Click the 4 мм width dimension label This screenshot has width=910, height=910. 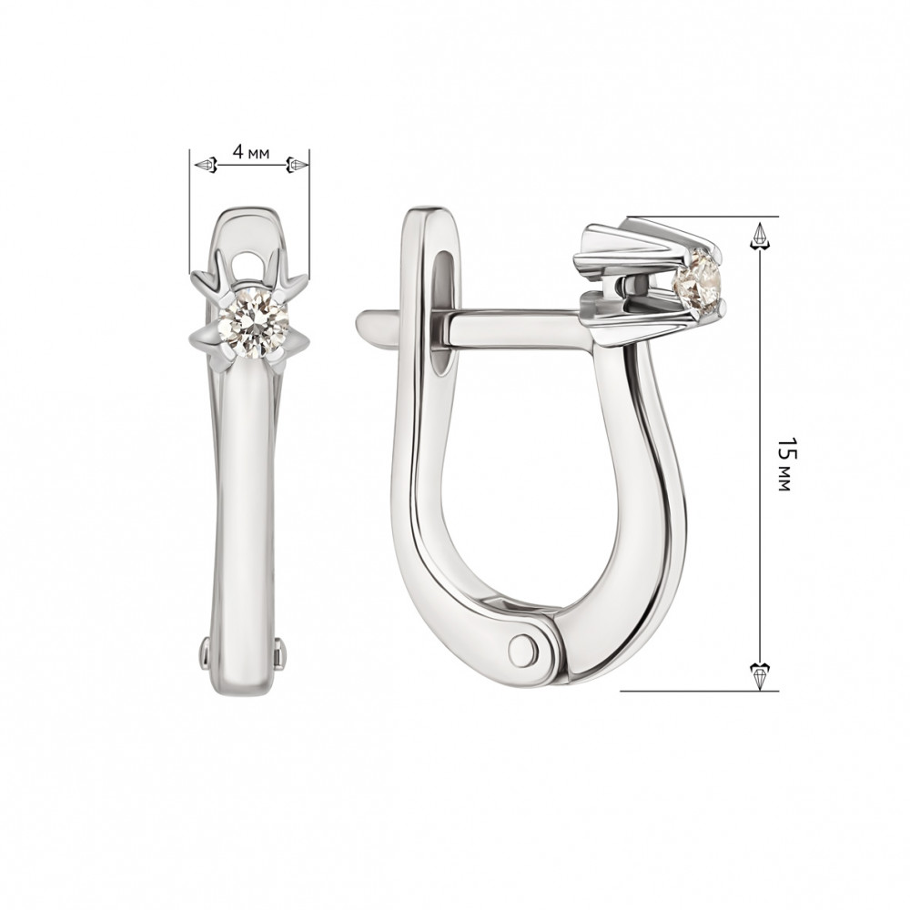click(251, 153)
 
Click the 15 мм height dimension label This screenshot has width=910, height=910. click(784, 464)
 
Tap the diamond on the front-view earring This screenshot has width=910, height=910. click(254, 323)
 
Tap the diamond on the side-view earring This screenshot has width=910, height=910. click(697, 278)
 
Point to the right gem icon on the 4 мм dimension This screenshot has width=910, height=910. click(298, 166)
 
